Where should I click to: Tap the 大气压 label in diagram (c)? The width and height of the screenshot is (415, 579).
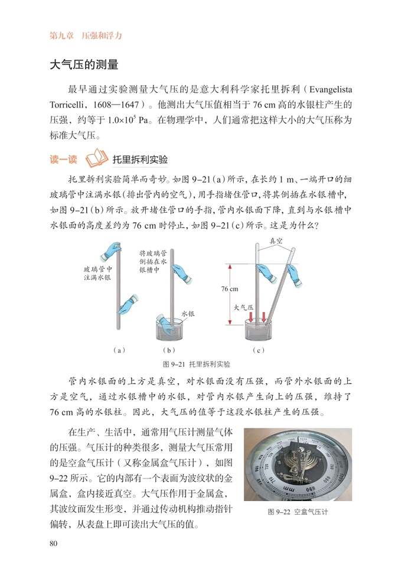243,307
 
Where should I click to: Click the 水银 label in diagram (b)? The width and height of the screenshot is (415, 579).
188,315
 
